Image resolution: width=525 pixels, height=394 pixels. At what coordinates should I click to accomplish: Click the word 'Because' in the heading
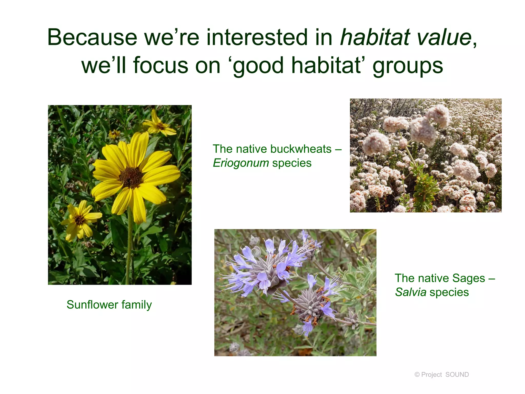92,37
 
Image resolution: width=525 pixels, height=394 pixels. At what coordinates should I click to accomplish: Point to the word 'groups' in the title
408,66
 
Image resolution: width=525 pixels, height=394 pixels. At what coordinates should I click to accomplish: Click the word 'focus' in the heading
160,66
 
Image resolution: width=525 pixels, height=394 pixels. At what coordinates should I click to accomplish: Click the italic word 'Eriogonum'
241,163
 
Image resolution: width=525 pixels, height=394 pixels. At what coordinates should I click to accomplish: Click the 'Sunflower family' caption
109,305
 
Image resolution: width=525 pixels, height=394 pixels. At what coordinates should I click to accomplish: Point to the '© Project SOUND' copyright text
441,375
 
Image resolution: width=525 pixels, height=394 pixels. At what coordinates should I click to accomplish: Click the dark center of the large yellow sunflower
131,177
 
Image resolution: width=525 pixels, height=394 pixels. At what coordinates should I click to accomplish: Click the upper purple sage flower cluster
269,267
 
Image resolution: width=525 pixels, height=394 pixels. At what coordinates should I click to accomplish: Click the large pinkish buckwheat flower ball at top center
423,130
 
